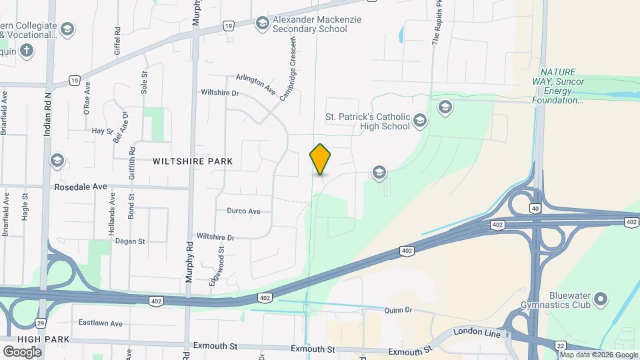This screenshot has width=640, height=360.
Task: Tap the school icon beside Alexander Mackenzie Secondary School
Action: click(263, 24)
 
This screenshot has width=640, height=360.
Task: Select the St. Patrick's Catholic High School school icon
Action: click(419, 121)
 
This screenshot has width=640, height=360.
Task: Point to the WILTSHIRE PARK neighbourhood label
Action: click(193, 161)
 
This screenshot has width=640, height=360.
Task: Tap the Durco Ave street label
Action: click(243, 211)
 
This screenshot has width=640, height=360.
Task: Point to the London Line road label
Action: click(476, 331)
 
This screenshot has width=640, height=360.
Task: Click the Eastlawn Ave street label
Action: click(101, 323)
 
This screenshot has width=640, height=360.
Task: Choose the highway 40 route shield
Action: click(535, 209)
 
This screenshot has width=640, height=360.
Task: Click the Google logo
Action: click(22, 351)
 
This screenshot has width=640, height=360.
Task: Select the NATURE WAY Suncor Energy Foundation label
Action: click(557, 86)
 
